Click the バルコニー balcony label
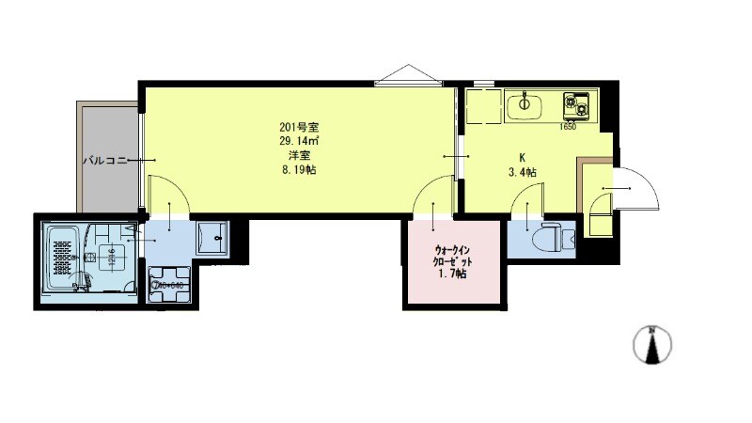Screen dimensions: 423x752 click(105, 161)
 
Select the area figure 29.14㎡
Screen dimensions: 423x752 click(297, 141)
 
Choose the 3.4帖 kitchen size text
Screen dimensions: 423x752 click(522, 172)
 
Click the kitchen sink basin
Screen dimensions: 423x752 click(524, 105)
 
